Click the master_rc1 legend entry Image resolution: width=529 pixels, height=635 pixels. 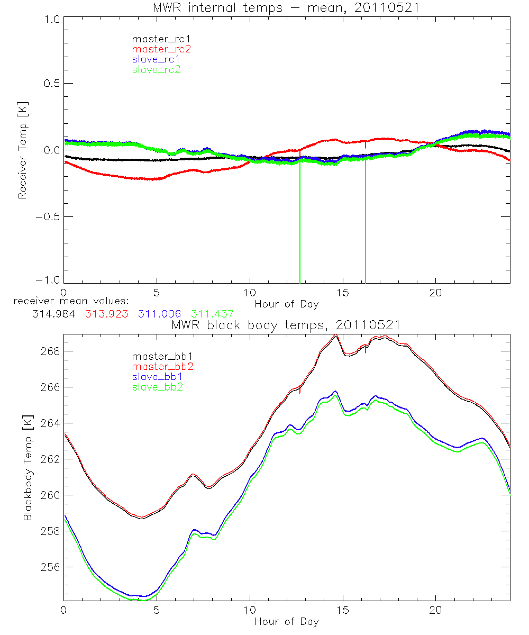156,39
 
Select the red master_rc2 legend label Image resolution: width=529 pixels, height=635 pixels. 161,49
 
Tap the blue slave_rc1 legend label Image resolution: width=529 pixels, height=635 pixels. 156,59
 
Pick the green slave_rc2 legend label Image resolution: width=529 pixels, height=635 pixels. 156,69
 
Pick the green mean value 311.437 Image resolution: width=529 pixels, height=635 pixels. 212,314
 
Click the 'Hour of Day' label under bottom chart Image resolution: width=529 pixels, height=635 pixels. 286,622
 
